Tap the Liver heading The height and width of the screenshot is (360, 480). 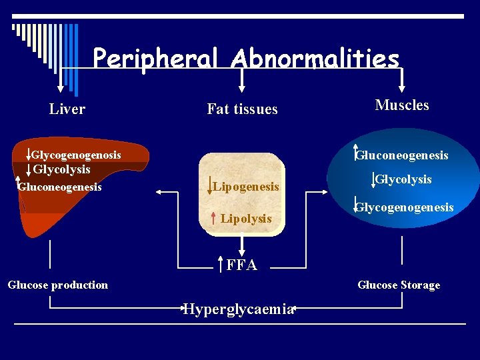click(67, 109)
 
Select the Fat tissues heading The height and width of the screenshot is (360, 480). click(242, 109)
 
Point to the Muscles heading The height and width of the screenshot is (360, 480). click(402, 105)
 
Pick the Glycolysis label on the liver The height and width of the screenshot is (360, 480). click(61, 169)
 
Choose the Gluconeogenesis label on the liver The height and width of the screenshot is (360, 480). click(61, 187)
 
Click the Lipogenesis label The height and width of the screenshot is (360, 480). click(246, 187)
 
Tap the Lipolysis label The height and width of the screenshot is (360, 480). click(246, 219)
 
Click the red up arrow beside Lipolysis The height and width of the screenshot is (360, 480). click(211, 217)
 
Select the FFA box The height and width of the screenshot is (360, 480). click(241, 265)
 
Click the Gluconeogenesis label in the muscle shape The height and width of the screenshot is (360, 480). click(402, 155)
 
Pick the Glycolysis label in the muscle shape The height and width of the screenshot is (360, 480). click(403, 179)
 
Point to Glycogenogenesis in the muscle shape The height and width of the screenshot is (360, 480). click(405, 207)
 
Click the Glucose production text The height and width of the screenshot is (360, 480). click(58, 285)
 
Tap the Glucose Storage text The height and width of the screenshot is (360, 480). click(399, 285)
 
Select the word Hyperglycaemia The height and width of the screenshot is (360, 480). click(238, 309)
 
